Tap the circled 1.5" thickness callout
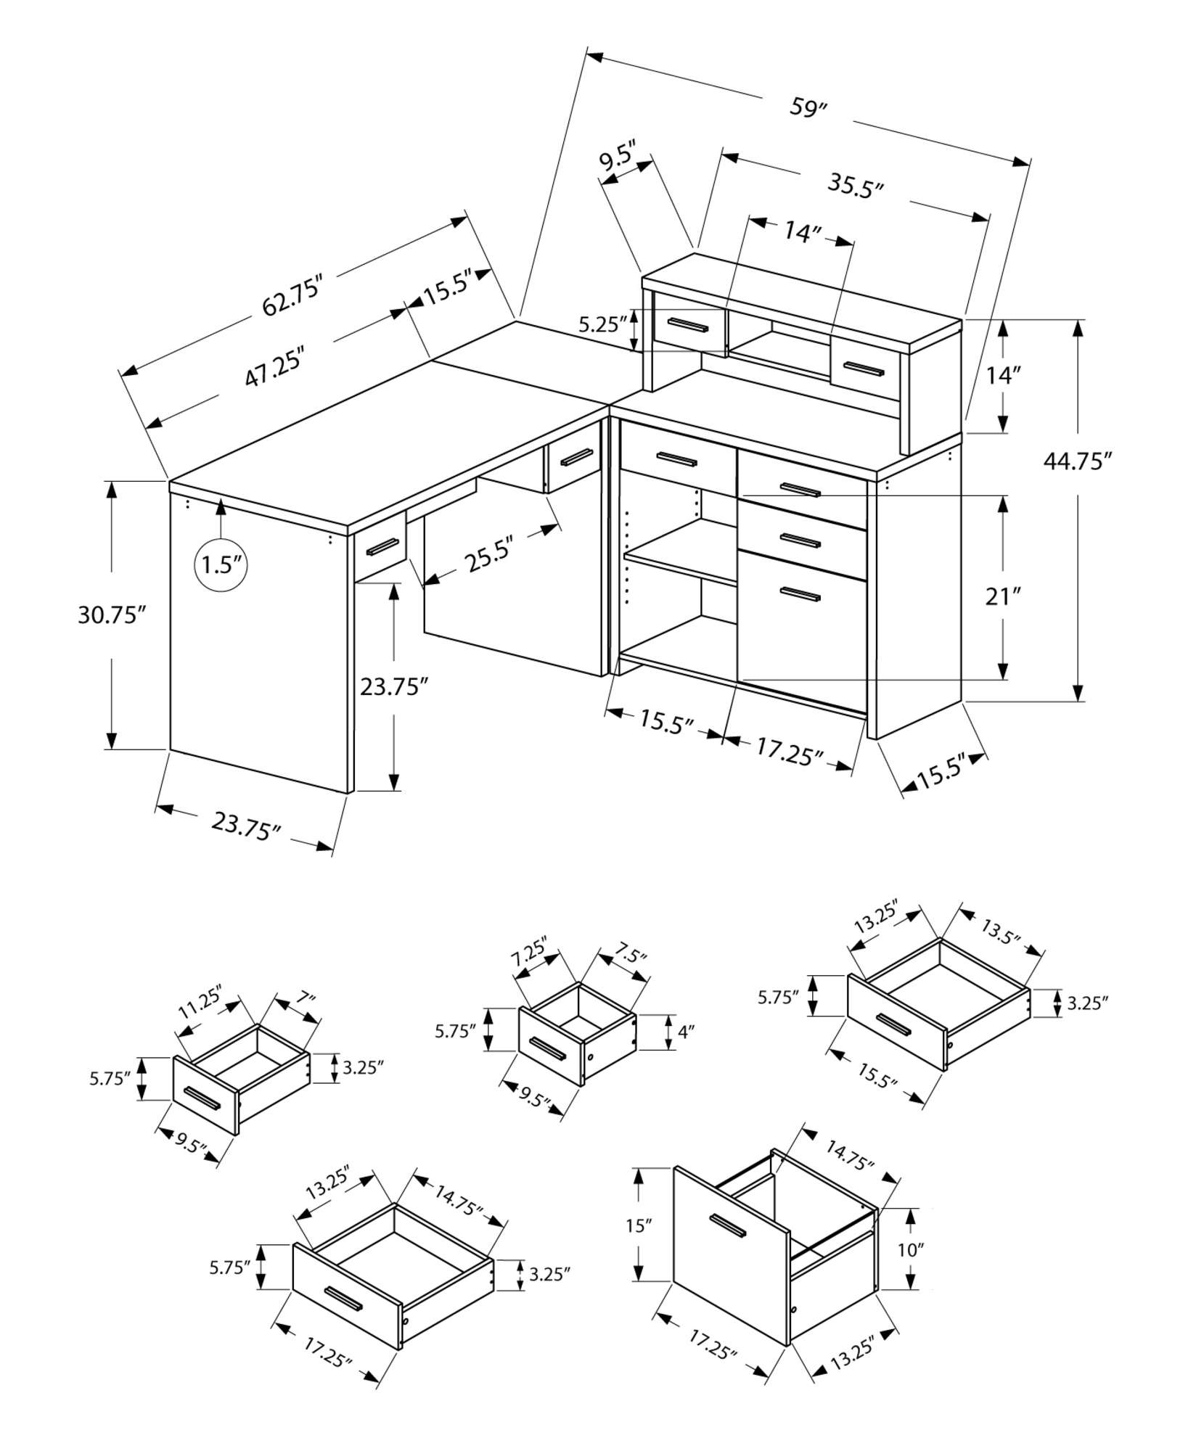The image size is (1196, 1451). click(x=221, y=564)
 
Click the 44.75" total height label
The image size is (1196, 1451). click(x=1078, y=461)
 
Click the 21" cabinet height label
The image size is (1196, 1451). click(x=1003, y=597)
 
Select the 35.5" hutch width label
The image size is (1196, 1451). click(x=856, y=186)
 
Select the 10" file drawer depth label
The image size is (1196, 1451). click(x=910, y=1249)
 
